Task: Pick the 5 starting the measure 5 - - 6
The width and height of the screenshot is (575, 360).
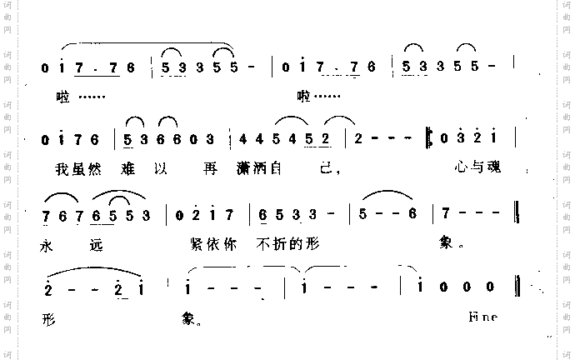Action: [x=363, y=215]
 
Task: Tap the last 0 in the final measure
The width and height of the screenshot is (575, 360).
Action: [x=491, y=288]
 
